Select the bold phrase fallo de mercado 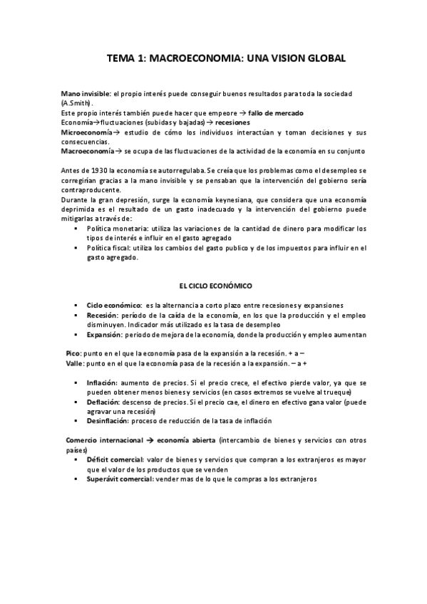276,113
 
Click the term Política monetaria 118,229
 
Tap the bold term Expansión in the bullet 104,334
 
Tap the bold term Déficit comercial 115,460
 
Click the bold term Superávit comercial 121,479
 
